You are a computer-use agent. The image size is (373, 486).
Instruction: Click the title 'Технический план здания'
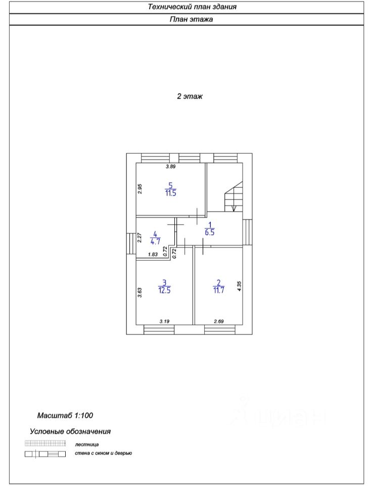point(192,7)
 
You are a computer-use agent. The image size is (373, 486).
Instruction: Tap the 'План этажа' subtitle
point(191,19)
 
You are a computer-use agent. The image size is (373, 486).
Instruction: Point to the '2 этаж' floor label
point(190,96)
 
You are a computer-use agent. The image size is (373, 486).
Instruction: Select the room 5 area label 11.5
point(170,193)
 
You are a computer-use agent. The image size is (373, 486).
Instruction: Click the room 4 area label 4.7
point(155,241)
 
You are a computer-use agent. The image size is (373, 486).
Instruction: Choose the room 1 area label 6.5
point(210,232)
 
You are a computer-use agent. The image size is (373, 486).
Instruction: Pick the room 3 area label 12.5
point(164,291)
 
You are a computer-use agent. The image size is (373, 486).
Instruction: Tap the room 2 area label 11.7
point(219,291)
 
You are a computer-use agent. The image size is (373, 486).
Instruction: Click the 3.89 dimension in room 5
point(170,167)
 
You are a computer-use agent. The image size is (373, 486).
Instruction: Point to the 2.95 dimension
point(139,189)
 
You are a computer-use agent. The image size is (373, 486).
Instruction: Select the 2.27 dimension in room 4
point(139,238)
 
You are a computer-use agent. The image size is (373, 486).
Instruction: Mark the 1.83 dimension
point(153,255)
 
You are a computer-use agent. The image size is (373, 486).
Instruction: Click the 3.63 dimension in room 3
point(139,293)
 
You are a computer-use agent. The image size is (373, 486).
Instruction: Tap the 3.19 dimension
point(164,321)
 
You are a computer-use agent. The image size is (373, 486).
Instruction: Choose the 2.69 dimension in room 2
point(219,321)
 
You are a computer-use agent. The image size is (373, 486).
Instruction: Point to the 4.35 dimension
point(239,286)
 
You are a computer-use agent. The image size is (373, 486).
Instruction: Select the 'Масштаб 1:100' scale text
point(65,415)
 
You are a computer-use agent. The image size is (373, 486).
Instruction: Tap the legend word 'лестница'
point(87,444)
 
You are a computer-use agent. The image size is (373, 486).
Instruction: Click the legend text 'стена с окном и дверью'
point(104,453)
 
